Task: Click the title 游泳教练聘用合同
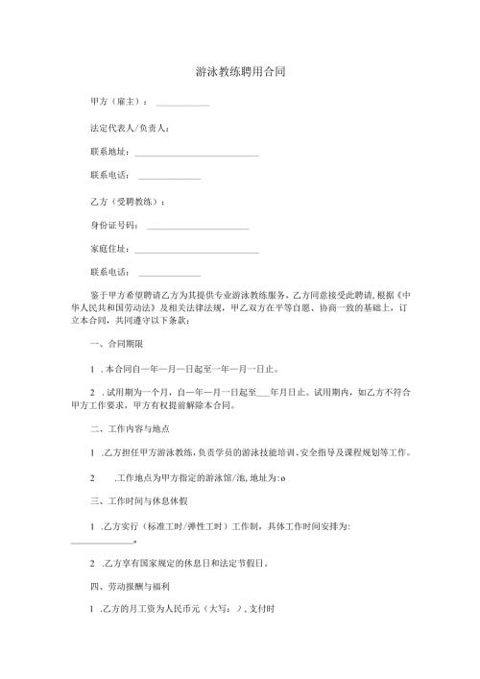point(240,71)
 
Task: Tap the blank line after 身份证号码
point(196,229)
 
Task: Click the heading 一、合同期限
point(116,343)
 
